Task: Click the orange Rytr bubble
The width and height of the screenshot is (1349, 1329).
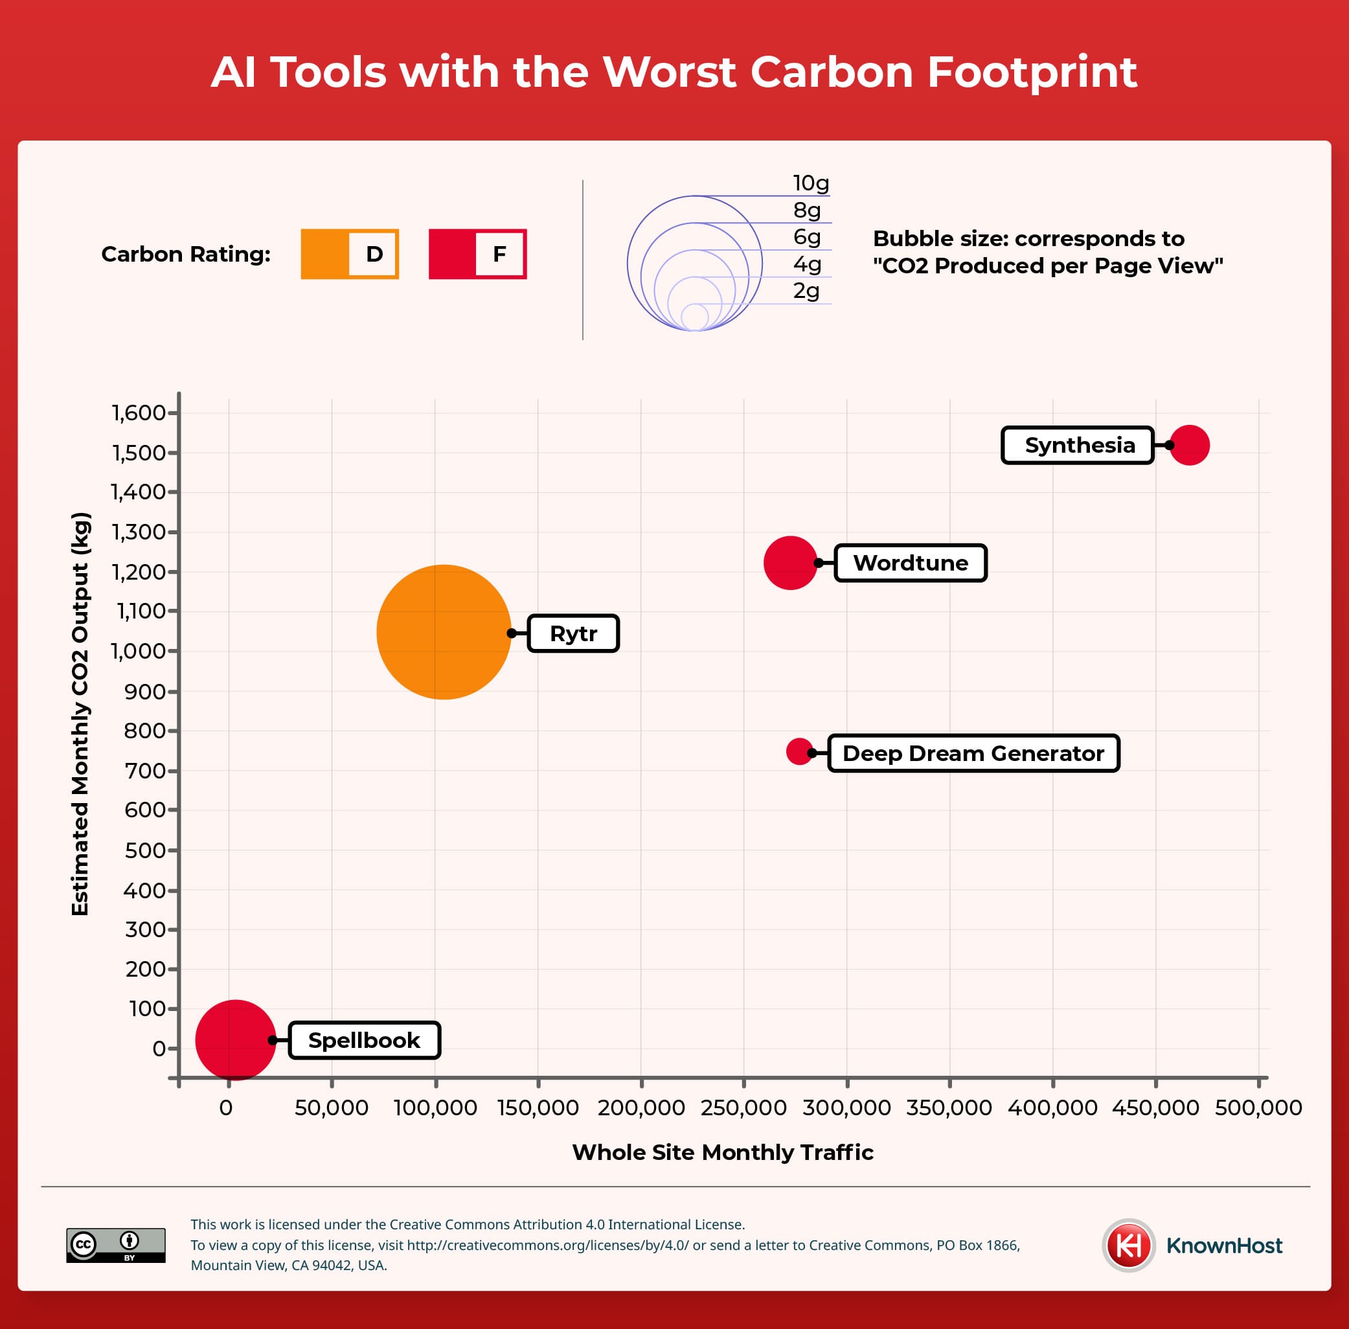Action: (443, 631)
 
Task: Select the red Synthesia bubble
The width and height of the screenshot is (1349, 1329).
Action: (1189, 445)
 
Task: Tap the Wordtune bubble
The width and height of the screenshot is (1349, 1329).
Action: (790, 563)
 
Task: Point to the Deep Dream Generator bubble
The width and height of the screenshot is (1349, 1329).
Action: (799, 751)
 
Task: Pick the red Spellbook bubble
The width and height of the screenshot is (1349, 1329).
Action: (235, 1040)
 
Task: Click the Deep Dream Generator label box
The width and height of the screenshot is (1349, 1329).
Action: (973, 753)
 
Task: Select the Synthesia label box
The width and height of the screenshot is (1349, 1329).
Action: (1078, 446)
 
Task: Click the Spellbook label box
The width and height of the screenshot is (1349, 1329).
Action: (365, 1040)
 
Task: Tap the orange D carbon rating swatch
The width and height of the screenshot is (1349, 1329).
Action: (350, 254)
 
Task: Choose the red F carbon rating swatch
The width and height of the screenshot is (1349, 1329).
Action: (477, 254)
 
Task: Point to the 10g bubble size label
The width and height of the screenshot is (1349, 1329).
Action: (811, 183)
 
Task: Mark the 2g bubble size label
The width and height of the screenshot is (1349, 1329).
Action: (806, 291)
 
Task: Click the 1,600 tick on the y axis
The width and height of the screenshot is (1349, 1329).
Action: (139, 413)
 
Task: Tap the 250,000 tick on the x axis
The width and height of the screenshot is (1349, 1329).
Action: (743, 1107)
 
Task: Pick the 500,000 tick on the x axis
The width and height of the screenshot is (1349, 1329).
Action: (1258, 1107)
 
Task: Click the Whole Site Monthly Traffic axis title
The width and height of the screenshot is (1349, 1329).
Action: (722, 1152)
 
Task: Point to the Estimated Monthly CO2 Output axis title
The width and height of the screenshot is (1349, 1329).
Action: (80, 713)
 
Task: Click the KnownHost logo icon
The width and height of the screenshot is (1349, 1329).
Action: (1128, 1245)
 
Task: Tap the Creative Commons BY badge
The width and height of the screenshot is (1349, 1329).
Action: (116, 1245)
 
